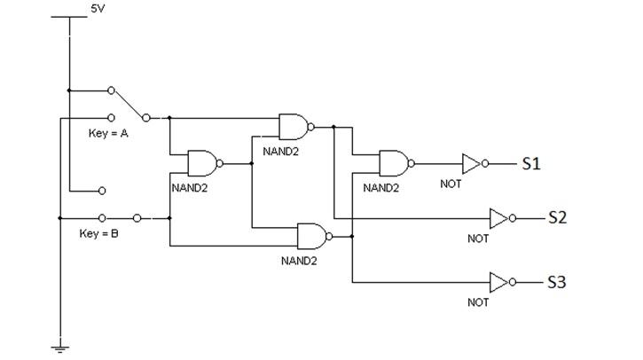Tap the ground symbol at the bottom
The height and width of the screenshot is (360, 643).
click(60, 348)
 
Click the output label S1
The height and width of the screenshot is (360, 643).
click(531, 164)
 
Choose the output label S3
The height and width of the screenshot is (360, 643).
click(556, 283)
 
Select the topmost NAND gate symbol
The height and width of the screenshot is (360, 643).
click(294, 127)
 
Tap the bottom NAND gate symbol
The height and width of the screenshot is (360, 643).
click(312, 236)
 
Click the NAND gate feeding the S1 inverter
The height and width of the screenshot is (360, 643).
click(394, 163)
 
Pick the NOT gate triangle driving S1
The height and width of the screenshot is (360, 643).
click(472, 164)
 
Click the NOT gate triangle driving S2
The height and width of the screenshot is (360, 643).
click(500, 217)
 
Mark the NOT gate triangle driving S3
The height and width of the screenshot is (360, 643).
click(500, 283)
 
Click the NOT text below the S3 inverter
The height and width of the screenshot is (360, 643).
click(478, 302)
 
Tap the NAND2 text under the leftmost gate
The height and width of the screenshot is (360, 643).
click(189, 188)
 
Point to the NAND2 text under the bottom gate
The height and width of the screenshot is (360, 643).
click(299, 261)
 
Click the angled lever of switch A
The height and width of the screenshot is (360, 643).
click(129, 104)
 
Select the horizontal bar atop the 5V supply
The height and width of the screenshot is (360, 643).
click(68, 16)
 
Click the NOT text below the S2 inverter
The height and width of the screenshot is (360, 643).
click(478, 238)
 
